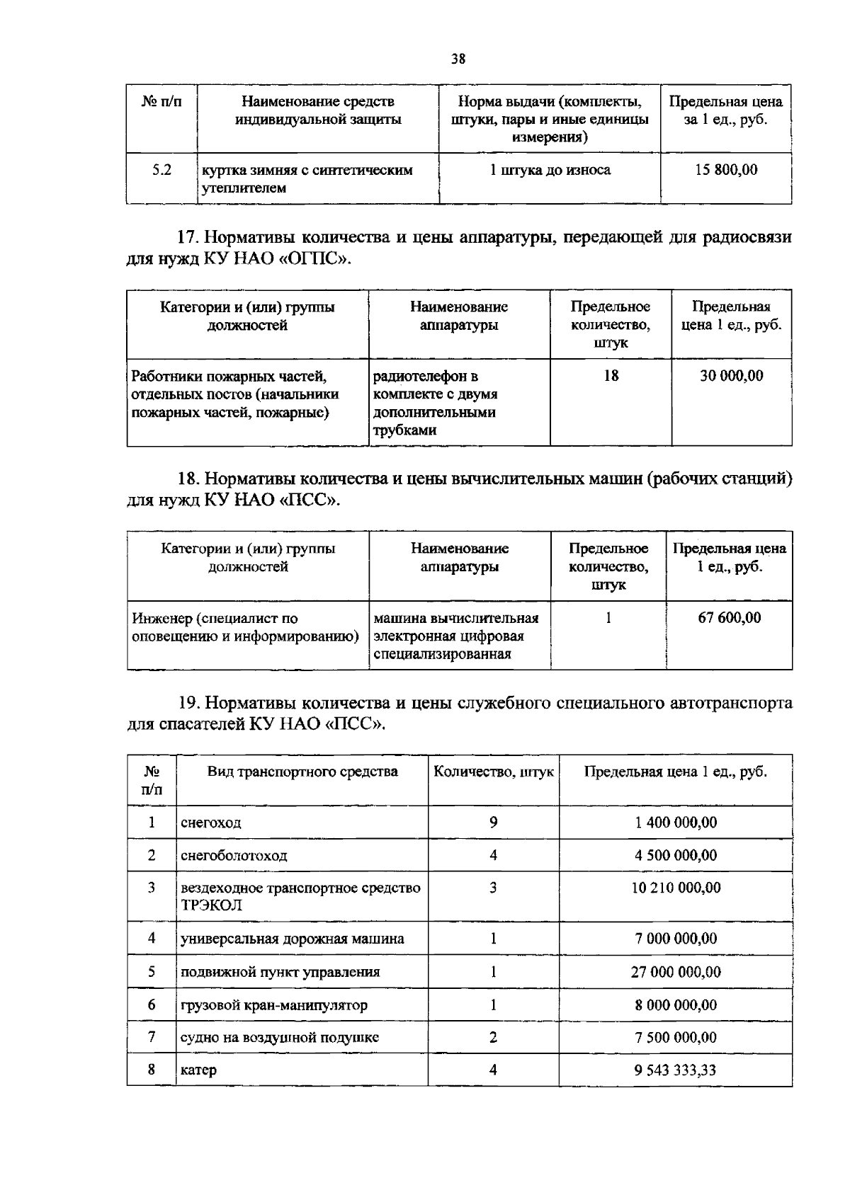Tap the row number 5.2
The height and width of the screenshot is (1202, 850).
click(x=162, y=170)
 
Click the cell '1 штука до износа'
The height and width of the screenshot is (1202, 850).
click(x=550, y=170)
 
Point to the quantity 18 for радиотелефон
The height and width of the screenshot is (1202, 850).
click(x=611, y=376)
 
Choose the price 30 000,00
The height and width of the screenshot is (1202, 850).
click(x=732, y=376)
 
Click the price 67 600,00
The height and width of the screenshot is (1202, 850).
click(x=730, y=617)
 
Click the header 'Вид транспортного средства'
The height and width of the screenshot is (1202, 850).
click(x=302, y=772)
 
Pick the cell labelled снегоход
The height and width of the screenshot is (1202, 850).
click(x=211, y=823)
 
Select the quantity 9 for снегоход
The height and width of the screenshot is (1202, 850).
click(x=493, y=822)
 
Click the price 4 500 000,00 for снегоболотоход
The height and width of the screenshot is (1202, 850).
click(x=676, y=855)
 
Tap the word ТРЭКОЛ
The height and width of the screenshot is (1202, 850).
click(x=211, y=905)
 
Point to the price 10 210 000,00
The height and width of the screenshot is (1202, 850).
click(x=676, y=888)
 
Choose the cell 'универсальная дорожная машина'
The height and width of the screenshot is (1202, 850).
click(x=293, y=939)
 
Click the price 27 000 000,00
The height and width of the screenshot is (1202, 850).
click(x=676, y=972)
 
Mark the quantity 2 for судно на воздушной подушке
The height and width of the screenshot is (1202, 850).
click(x=493, y=1037)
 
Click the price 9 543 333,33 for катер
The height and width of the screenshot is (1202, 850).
click(x=676, y=1070)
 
